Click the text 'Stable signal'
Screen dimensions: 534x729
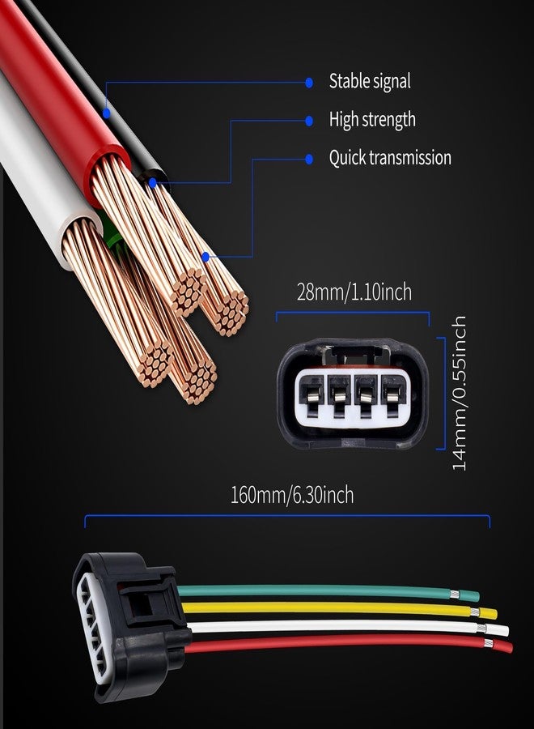click(370, 81)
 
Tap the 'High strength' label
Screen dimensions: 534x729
click(372, 120)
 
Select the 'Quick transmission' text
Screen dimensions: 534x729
click(390, 158)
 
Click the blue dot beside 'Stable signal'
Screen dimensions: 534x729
click(309, 83)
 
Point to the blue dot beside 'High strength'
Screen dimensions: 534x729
click(309, 121)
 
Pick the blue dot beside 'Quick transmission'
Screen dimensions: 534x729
click(309, 159)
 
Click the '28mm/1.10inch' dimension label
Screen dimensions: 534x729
click(354, 292)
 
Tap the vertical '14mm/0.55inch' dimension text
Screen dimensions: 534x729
click(459, 393)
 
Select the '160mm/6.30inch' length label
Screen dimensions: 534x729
click(292, 495)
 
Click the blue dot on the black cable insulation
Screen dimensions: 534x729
click(106, 113)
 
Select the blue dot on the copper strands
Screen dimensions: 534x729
click(206, 257)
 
